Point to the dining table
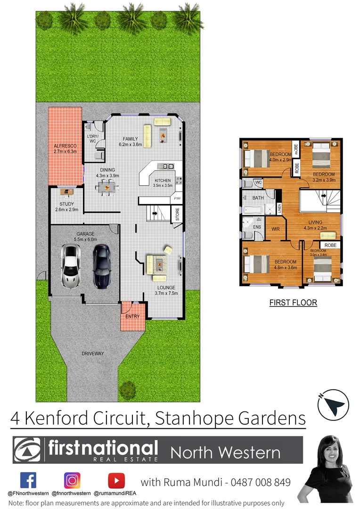click(x=107, y=187)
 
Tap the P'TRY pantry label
click(x=177, y=199)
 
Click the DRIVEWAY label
click(x=92, y=353)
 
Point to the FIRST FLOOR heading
click(x=293, y=303)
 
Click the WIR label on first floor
click(x=276, y=229)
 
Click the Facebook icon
click(x=28, y=480)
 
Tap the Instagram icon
click(x=72, y=480)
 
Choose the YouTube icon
click(x=116, y=480)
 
